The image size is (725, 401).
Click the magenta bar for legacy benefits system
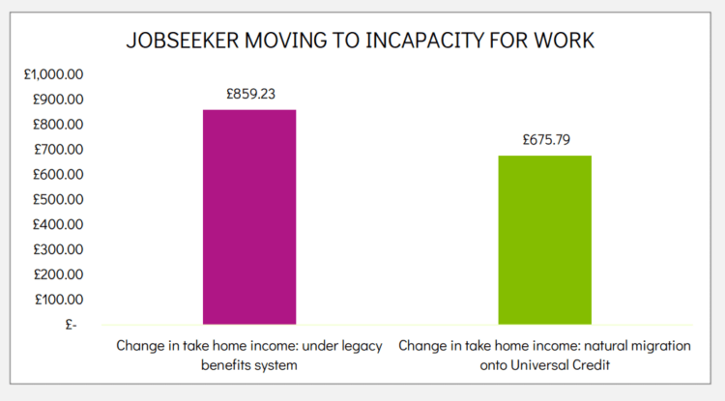click(249, 216)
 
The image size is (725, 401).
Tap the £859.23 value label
click(250, 95)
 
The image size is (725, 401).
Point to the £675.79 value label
click(546, 139)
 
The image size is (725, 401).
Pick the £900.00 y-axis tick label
click(58, 100)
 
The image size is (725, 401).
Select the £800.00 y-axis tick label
click(58, 125)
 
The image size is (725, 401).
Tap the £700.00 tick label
click(58, 150)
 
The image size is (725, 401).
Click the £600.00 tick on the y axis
click(58, 175)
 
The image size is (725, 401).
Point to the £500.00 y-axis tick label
click(58, 200)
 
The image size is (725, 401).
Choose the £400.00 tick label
click(58, 225)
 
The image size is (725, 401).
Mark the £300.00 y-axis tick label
click(58, 250)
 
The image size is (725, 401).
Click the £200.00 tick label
click(58, 275)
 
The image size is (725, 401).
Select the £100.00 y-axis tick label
click(58, 301)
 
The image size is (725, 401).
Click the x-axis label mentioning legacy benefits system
click(249, 354)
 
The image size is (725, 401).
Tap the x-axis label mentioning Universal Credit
click(544, 354)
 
